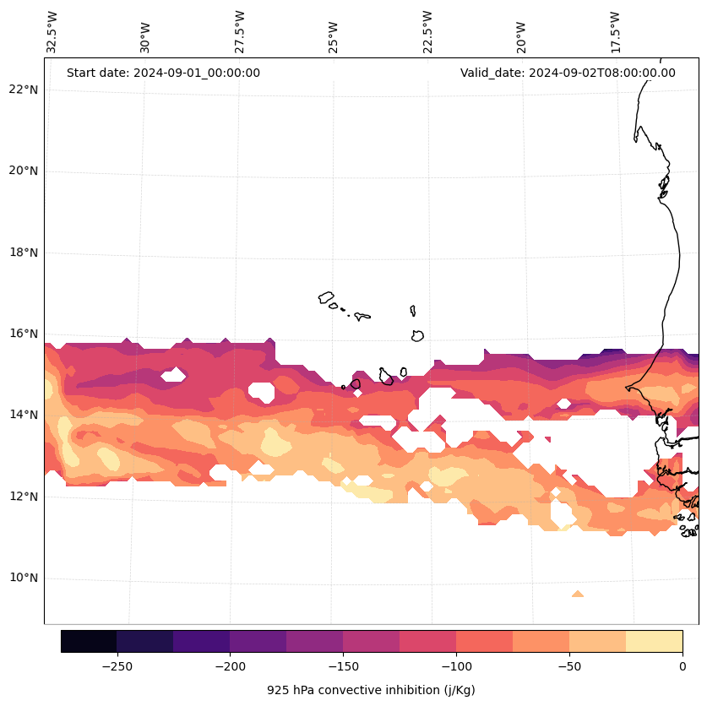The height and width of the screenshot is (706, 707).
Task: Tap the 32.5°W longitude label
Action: click(52, 32)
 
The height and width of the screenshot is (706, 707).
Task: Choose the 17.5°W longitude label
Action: click(615, 32)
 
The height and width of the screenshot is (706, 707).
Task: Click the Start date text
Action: click(163, 73)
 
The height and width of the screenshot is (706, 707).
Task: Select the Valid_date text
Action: click(568, 73)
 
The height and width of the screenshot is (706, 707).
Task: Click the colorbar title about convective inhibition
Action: click(371, 690)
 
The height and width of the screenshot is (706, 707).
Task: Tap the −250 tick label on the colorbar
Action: click(117, 666)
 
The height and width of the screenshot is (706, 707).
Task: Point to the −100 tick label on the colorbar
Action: click(456, 666)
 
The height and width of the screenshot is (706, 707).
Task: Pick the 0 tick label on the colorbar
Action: click(683, 666)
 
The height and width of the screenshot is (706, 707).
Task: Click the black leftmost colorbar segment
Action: click(89, 641)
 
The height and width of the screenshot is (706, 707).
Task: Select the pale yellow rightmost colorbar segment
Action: click(654, 641)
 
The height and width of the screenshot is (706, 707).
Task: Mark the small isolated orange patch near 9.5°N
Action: click(578, 595)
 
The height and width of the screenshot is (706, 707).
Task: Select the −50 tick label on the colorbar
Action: click(569, 666)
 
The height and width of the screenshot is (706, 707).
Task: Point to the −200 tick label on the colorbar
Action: click(230, 666)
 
